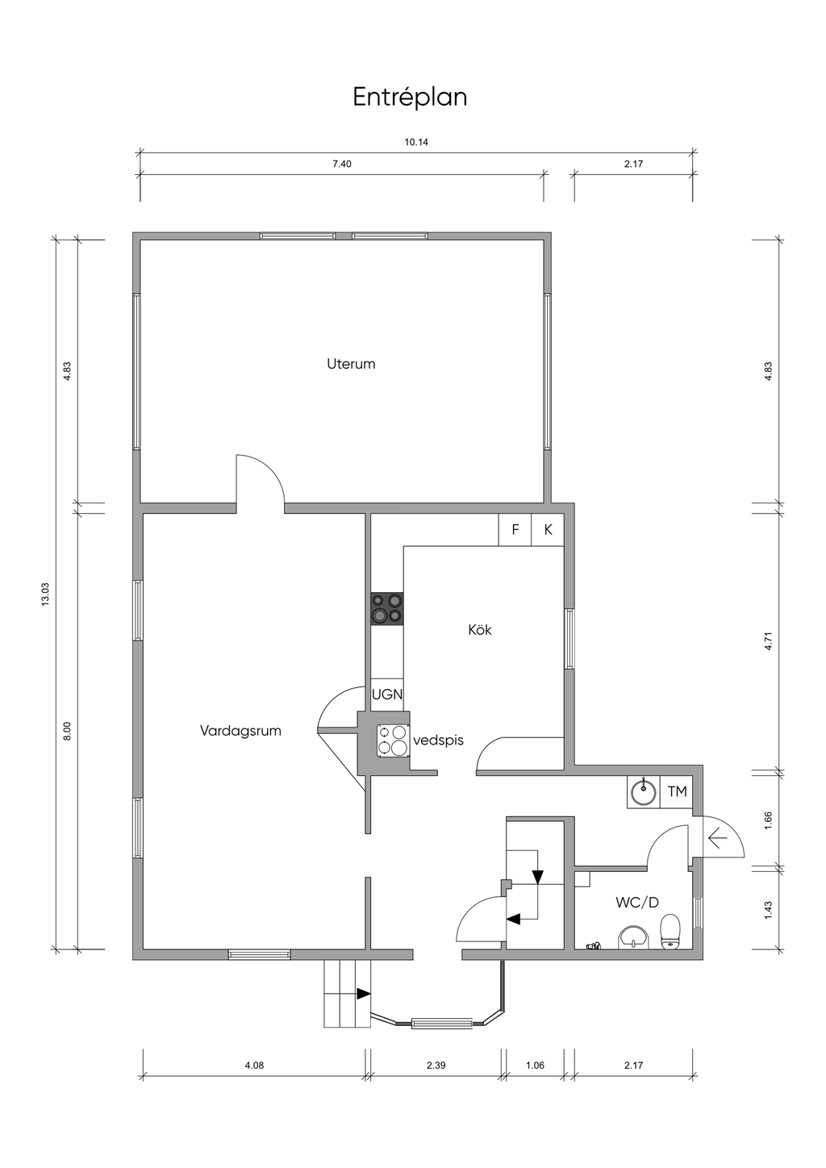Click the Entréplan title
pyautogui.click(x=410, y=98)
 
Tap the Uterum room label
pyautogui.click(x=351, y=364)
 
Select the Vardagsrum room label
pyautogui.click(x=240, y=731)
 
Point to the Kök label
pyautogui.click(x=480, y=630)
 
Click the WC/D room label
pyautogui.click(x=637, y=902)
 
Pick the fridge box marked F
pyautogui.click(x=515, y=530)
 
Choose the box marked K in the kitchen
pyautogui.click(x=548, y=530)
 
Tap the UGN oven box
pyautogui.click(x=387, y=695)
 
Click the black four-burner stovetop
pyautogui.click(x=387, y=608)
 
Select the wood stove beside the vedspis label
pyautogui.click(x=393, y=740)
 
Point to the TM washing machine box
pyautogui.click(x=677, y=791)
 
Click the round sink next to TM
pyautogui.click(x=644, y=793)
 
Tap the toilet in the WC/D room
pyautogui.click(x=670, y=931)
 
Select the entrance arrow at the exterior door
pyautogui.click(x=718, y=839)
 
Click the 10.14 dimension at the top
pyautogui.click(x=416, y=142)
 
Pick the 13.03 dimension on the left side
pyautogui.click(x=45, y=594)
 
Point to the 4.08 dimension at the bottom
pyautogui.click(x=254, y=1066)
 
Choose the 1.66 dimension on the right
pyautogui.click(x=768, y=821)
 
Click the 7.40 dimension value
pyautogui.click(x=342, y=164)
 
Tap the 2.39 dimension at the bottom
pyautogui.click(x=436, y=1066)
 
